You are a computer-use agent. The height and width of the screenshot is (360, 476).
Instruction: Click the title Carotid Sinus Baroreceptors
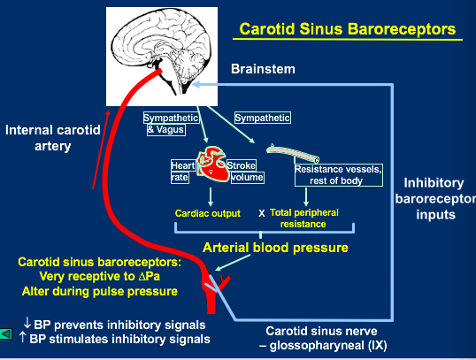coord(348,29)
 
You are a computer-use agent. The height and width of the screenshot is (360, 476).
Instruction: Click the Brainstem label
coord(263,69)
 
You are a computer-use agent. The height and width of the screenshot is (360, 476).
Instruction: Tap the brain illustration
coord(162,57)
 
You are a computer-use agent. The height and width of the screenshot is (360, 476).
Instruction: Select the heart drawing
coord(212,165)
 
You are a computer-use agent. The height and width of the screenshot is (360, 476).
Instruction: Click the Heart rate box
coord(182,172)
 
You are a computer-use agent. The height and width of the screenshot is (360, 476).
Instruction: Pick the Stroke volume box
coord(245,172)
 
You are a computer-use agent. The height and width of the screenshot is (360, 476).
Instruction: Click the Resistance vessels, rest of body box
coord(339,175)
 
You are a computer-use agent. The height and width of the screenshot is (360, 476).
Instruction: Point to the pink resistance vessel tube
coord(293,154)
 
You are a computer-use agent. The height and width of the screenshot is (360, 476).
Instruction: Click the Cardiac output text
coord(208,213)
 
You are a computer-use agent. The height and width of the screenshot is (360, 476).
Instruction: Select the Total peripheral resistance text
coord(303,218)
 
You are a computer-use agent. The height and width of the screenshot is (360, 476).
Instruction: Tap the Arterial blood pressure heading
coord(275,248)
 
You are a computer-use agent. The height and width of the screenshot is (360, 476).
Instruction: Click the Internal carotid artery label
coord(53,138)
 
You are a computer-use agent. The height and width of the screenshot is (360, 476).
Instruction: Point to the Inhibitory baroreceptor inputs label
coord(435,198)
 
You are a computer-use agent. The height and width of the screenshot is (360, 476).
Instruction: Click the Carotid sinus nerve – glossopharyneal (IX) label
coord(322,338)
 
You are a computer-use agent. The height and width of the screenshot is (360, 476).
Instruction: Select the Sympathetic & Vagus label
coord(171,124)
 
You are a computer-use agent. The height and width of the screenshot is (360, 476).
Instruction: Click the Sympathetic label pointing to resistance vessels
coord(262,118)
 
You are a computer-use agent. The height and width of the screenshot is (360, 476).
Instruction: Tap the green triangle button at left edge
coord(6,334)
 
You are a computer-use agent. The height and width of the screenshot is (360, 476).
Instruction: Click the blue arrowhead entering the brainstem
coord(196,84)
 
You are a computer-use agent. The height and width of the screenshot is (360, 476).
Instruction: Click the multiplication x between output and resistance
coord(261,213)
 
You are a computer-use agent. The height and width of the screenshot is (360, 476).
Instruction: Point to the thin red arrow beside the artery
coord(101,149)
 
